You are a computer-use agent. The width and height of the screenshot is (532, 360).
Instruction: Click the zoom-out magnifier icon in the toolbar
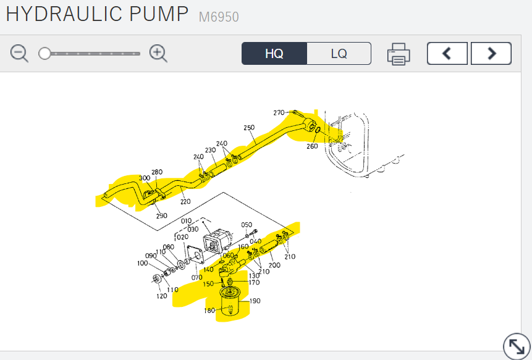pos(19,54)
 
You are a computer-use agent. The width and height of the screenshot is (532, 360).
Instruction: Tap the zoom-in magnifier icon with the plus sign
pos(158,54)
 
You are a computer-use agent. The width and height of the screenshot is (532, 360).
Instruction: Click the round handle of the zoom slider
pos(44,54)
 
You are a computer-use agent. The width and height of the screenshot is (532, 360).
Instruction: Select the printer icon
pos(399,54)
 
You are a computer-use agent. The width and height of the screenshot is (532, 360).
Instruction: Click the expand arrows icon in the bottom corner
pos(517,346)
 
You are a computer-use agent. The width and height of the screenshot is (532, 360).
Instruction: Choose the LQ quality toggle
pos(339,54)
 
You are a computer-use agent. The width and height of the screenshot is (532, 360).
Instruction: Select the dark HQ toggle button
pos(274,54)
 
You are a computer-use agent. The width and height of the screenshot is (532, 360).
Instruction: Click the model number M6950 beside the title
pos(219,17)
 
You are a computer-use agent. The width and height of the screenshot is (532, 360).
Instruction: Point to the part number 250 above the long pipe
pos(249,128)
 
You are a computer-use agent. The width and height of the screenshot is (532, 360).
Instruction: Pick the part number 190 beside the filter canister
pos(255,301)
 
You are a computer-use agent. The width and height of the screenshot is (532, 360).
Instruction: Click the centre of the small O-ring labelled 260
pos(318,130)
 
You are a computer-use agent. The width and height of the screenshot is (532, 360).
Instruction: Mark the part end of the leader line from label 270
pos(295,112)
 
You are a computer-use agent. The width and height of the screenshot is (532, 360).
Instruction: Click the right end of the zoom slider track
pos(140,54)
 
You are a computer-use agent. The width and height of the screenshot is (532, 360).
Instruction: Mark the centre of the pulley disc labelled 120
pos(156,278)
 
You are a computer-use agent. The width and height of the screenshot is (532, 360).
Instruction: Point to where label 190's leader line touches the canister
pos(239,301)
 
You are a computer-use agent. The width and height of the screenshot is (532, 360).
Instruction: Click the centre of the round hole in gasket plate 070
pos(197,254)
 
